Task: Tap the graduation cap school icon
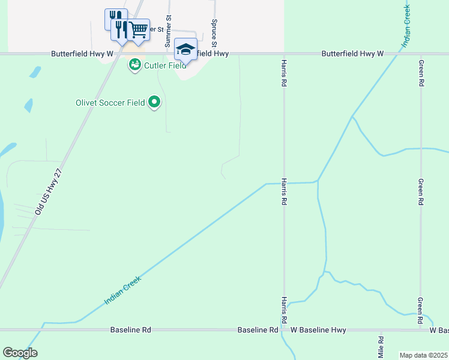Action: [186, 49]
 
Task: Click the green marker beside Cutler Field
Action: [134, 65]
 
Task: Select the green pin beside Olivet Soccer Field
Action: [154, 103]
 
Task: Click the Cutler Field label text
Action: [165, 65]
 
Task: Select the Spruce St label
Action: [214, 32]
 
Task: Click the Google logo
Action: [20, 353]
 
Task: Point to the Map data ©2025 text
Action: [423, 355]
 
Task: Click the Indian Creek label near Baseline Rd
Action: [123, 290]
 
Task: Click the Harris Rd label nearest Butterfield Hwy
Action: [283, 73]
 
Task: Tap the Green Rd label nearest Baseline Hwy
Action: [420, 311]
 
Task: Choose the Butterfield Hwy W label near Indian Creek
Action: [352, 53]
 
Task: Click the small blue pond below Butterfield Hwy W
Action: [35, 72]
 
